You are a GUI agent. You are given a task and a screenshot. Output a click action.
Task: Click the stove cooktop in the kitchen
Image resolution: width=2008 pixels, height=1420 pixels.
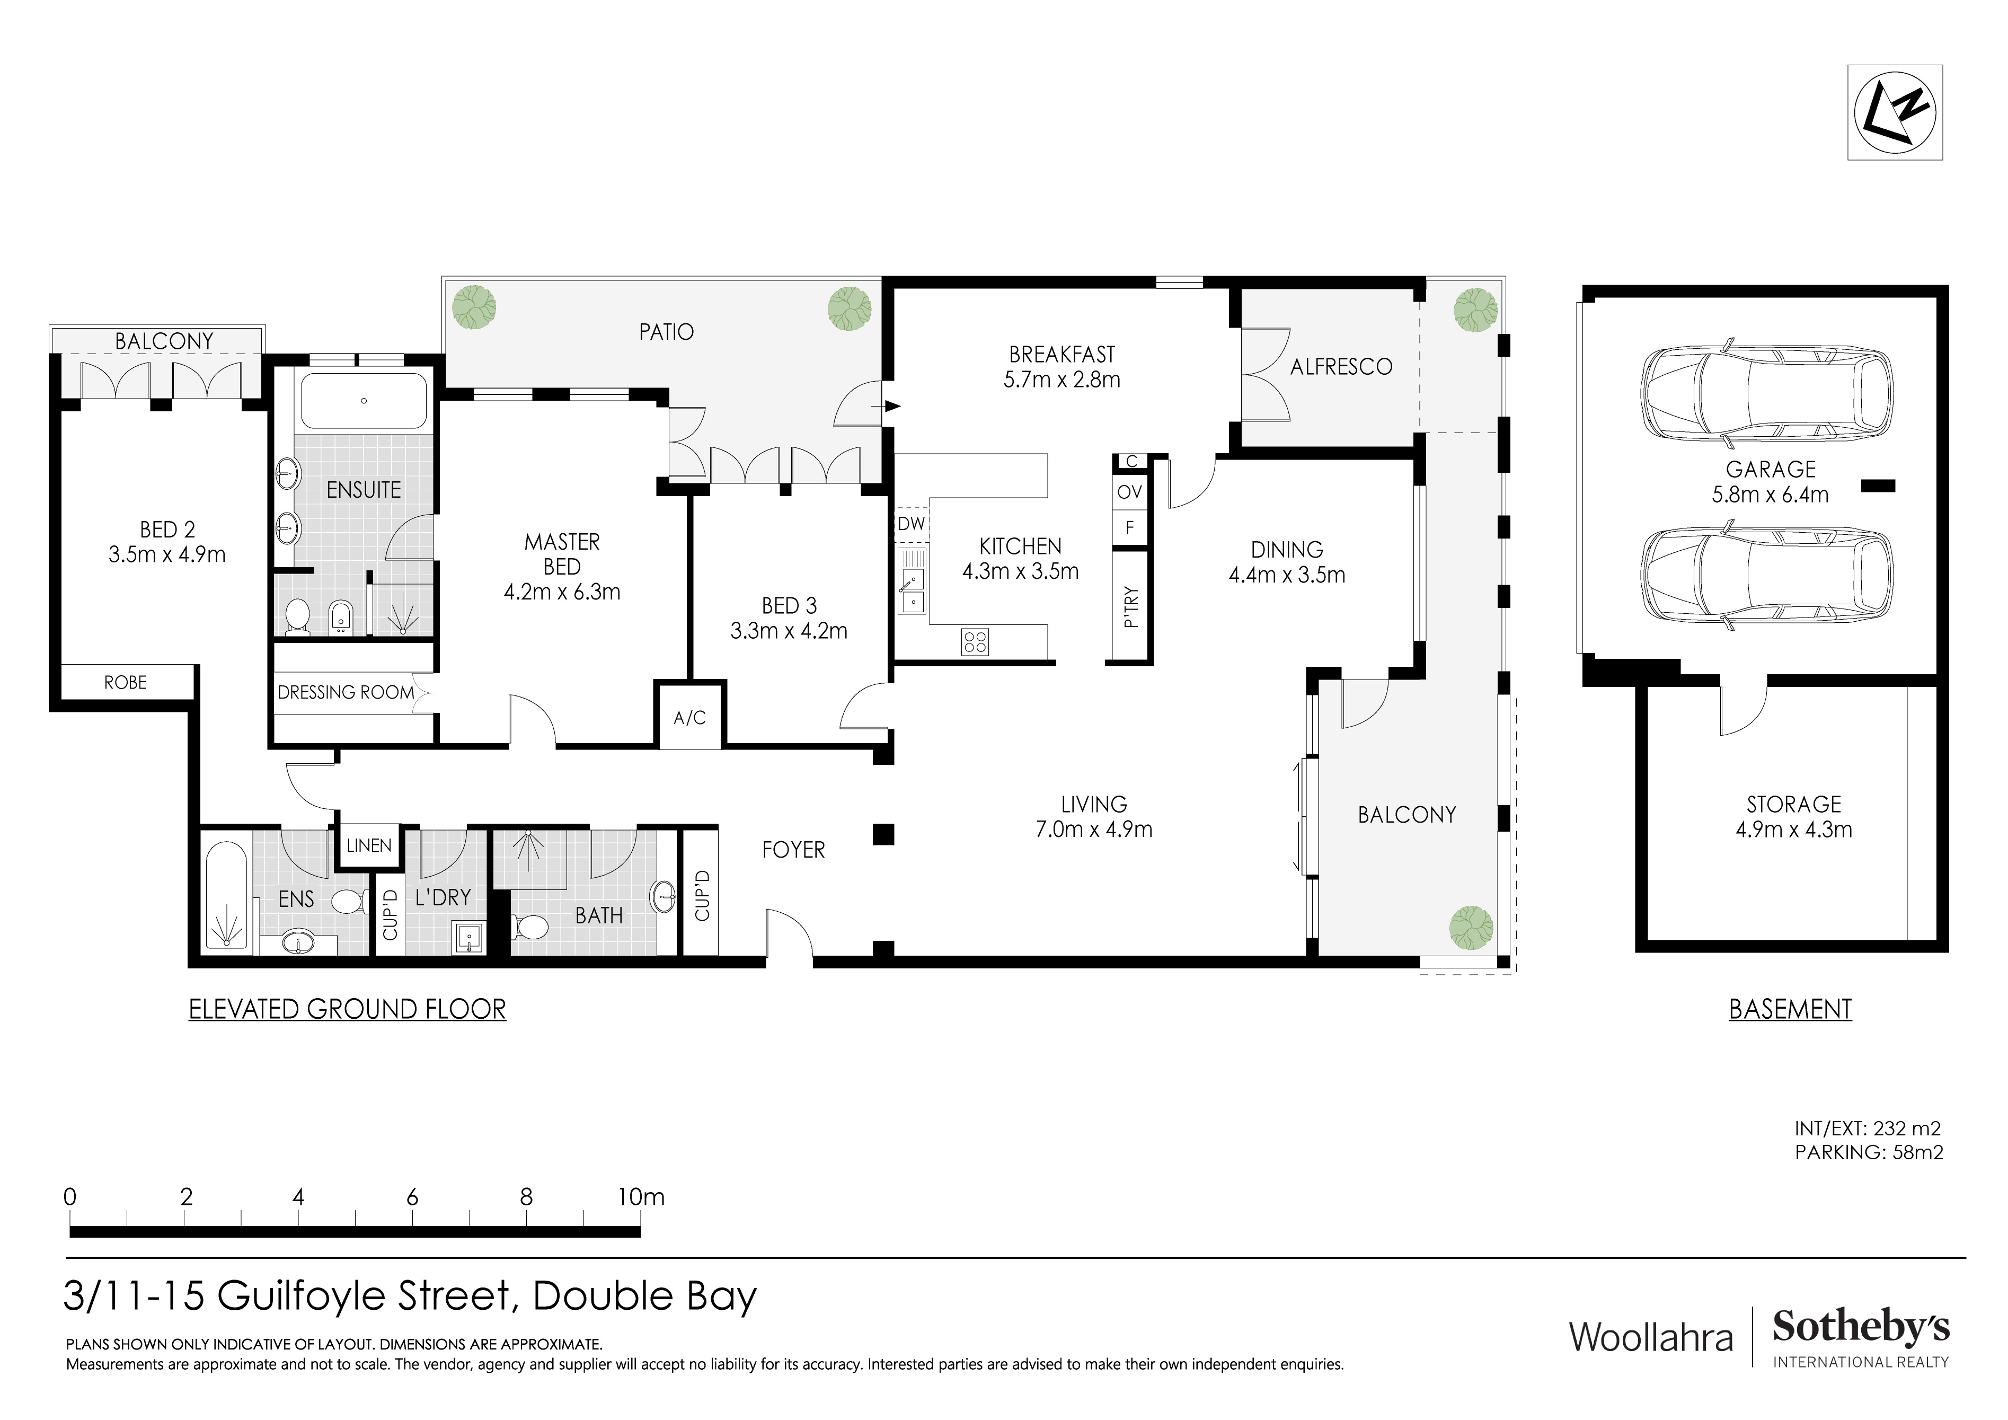coord(974,642)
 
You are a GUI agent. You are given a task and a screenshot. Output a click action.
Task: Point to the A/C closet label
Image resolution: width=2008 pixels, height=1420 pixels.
coord(689,718)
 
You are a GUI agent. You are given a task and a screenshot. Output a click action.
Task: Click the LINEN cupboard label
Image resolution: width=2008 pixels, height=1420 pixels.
coord(368,846)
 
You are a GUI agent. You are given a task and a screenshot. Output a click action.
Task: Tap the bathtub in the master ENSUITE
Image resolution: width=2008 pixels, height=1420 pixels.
coord(364,401)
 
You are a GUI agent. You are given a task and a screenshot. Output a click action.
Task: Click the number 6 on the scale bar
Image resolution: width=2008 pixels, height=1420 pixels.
coord(412,1197)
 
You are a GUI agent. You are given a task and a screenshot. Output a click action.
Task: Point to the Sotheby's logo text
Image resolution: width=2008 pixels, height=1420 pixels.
coord(1860,1328)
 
